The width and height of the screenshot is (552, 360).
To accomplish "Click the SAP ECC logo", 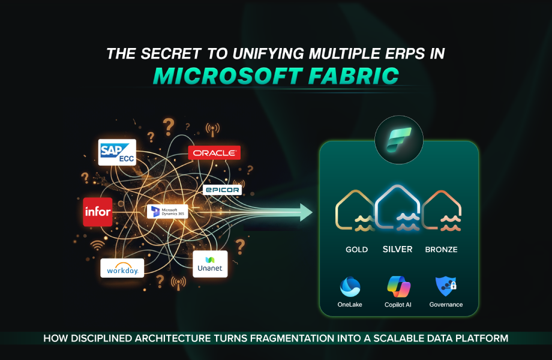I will tap(117, 152).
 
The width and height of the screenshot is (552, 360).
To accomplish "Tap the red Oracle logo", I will tap(214, 152).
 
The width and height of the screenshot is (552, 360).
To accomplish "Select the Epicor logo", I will tap(222, 190).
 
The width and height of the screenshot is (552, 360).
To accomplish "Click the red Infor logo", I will tap(98, 212).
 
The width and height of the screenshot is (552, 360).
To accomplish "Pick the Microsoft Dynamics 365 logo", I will tap(167, 211).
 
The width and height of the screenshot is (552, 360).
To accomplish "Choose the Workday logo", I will tap(122, 268).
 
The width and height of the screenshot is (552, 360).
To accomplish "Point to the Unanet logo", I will tap(210, 264).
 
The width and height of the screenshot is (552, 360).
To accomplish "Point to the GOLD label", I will tap(356, 250).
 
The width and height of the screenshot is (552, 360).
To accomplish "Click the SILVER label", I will tap(397, 249).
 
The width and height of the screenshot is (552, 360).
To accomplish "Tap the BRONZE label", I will tap(441, 250).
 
